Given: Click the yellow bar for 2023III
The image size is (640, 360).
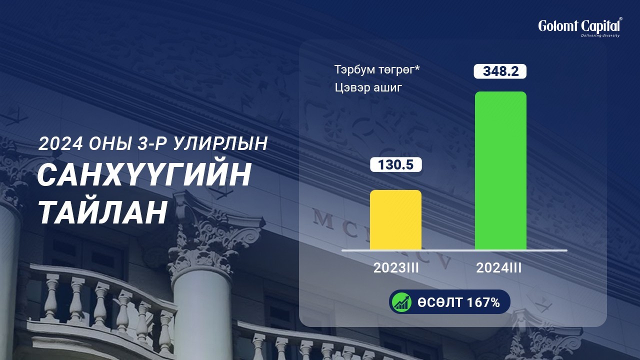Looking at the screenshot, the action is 395,219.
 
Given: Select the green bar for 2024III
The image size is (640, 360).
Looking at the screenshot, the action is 500,170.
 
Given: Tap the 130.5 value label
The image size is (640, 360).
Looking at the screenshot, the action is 395,164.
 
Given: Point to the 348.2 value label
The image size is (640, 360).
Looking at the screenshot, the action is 500,71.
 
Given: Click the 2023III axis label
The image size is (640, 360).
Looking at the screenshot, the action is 396,268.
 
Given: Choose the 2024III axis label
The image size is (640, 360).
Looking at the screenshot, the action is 499,268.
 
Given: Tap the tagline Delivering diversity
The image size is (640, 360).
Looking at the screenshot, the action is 600,35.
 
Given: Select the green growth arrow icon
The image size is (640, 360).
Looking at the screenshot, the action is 401,302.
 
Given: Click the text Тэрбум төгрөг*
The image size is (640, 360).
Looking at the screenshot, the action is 377,69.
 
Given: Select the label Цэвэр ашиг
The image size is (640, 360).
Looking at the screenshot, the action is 368,87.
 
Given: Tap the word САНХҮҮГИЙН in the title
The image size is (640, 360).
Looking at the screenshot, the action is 144,174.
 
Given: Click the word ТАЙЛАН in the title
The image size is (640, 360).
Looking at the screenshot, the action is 102,212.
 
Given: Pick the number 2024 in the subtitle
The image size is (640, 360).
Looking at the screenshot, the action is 60,143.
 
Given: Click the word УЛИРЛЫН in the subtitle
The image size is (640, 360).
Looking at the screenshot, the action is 220,143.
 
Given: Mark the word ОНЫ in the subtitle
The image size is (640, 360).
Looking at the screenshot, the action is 109,143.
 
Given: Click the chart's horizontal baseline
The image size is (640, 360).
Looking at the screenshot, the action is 454,250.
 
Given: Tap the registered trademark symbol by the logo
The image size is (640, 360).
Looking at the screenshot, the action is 620,19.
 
